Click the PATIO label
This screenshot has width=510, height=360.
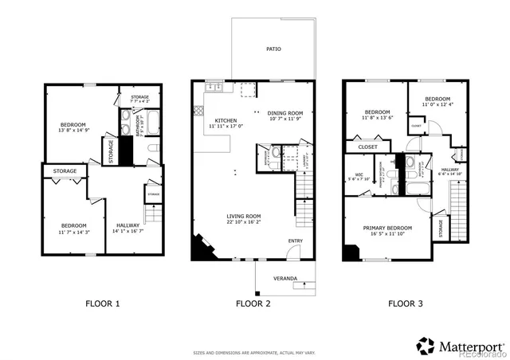[x=273, y=49]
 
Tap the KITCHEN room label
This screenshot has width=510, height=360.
[x=203, y=120]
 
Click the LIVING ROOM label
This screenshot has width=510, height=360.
[x=243, y=216]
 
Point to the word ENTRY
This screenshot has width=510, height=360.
[x=296, y=241]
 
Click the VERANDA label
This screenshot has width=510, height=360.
[x=285, y=278]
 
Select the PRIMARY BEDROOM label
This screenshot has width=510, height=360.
[x=385, y=228]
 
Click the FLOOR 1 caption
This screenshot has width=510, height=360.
[x=103, y=303]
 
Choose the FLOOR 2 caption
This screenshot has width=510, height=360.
[x=253, y=303]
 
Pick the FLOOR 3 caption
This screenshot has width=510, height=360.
[x=406, y=303]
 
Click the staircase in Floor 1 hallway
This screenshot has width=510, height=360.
[x=151, y=214]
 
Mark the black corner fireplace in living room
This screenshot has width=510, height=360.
[x=199, y=248]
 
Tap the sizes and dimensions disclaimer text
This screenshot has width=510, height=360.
[x=253, y=351]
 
